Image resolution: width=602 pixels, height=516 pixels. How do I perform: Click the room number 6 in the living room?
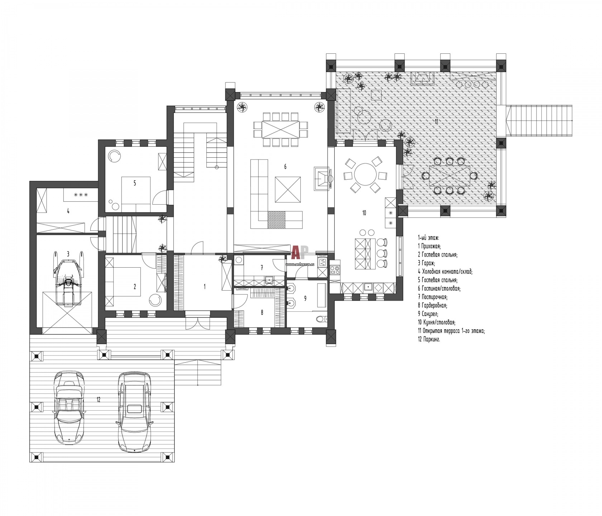pos(285,167)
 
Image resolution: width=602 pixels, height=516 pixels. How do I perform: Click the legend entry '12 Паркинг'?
pos(429,339)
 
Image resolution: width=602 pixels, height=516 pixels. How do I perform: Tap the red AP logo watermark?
pos(300,252)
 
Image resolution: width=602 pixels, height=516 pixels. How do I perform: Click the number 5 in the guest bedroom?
pos(135,183)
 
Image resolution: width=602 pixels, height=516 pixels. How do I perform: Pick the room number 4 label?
pos(68,211)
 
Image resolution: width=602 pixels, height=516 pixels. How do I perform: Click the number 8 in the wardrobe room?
pos(262,312)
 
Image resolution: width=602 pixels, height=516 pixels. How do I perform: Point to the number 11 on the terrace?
pos(436,121)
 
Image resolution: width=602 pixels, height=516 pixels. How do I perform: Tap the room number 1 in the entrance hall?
pos(205,286)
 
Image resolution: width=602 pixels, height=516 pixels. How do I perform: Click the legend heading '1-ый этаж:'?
pos(428,238)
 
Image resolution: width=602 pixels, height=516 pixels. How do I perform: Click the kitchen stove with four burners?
pos(335,270)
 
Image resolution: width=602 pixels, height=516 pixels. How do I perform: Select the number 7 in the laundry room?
pos(262,267)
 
